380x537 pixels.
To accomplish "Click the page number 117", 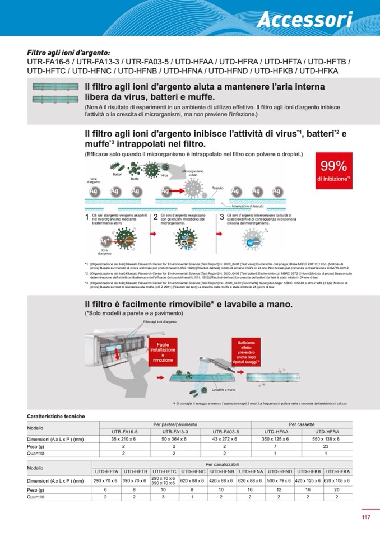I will [x=366, y=517].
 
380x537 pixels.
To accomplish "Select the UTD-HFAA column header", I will [x=275, y=432].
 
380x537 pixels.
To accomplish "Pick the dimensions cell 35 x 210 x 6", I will [x=124, y=439].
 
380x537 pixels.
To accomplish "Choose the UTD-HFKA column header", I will [x=337, y=472].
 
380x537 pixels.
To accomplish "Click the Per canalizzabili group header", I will [x=222, y=465].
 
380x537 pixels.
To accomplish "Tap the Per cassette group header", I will [x=302, y=424].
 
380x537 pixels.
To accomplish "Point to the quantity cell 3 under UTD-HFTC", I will [x=164, y=497].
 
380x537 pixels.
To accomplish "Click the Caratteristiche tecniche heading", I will [x=56, y=416].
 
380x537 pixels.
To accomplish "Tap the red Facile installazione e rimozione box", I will [x=163, y=353].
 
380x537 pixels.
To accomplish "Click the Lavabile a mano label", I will [x=224, y=389].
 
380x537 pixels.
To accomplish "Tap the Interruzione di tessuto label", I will [x=247, y=206].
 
